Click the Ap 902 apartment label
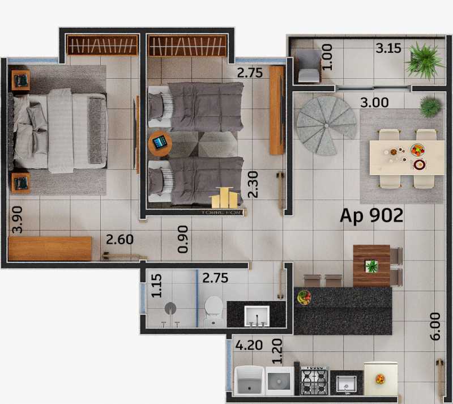pos(371,216)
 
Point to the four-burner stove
pos(314,380)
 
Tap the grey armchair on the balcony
pos(308,65)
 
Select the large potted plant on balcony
pos(424,59)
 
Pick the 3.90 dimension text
pos(18,220)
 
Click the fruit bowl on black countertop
pos(304,297)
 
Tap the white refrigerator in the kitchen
pos(380,380)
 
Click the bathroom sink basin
pos(257,316)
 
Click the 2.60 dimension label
pos(119,239)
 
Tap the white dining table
pos(406,158)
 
